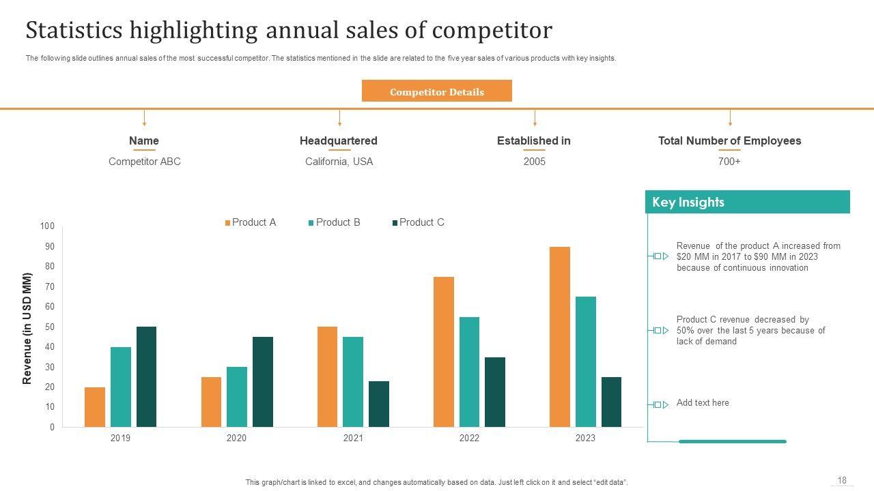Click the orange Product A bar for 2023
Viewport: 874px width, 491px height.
(x=559, y=337)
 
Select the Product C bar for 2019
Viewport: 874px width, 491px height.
(x=146, y=376)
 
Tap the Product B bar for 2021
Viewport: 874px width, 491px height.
(x=353, y=382)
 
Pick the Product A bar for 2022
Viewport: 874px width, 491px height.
(x=443, y=352)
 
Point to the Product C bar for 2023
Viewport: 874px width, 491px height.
(x=611, y=402)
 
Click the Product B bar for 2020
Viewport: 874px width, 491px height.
(x=236, y=397)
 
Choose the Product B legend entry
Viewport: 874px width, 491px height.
(x=335, y=222)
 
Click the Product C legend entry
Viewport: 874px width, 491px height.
(x=418, y=222)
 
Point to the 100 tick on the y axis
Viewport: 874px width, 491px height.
(x=47, y=226)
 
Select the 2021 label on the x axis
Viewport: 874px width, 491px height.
(x=353, y=438)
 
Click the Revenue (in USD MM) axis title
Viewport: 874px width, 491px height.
(x=28, y=329)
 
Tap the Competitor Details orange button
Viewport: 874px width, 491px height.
(x=436, y=91)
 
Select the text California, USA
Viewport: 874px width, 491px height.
(x=339, y=162)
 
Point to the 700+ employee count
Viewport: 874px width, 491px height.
(x=729, y=162)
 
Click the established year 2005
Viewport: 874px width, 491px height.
(x=534, y=162)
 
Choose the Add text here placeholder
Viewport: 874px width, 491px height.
(x=703, y=403)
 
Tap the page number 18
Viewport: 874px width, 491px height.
(x=842, y=481)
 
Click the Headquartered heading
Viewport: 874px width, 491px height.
(x=339, y=141)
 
